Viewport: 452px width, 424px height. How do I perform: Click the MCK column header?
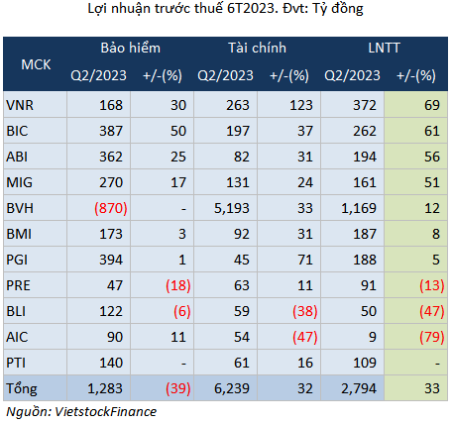36,64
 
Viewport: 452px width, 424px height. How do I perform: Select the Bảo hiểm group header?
131,49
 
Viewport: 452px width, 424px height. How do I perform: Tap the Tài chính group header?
257,49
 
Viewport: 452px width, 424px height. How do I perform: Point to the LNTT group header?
384,49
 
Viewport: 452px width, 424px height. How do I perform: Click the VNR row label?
20,105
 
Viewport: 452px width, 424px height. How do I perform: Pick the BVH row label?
20,208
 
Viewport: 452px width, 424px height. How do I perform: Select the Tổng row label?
22,388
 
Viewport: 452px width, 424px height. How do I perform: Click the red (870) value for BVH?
111,208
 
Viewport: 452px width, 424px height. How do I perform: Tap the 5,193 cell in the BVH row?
232,208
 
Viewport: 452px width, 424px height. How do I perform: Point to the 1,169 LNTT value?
359,208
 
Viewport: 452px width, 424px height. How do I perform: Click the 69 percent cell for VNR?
432,105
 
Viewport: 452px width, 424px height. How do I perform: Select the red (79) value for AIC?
432,337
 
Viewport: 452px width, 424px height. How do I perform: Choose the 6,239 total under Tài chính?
232,388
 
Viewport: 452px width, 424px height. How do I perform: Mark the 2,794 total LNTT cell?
359,388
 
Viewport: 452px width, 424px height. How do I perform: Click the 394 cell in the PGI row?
111,260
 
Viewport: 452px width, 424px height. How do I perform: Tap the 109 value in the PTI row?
365,363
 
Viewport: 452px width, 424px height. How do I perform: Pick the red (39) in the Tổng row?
178,388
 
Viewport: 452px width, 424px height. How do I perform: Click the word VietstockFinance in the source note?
105,412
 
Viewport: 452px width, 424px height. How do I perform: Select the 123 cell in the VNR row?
301,105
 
